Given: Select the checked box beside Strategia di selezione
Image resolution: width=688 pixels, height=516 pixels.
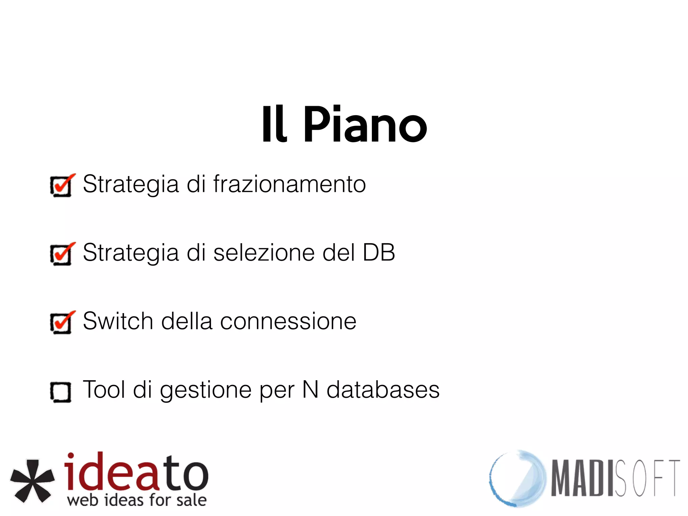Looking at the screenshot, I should tap(61, 254).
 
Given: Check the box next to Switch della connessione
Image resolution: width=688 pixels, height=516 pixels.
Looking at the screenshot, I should tap(61, 323).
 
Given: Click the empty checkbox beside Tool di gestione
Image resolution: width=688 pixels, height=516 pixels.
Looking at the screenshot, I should tap(61, 392).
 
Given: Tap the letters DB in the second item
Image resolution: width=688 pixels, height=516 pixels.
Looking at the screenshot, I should tap(379, 253).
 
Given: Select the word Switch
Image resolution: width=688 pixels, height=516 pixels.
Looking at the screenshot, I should tap(118, 321).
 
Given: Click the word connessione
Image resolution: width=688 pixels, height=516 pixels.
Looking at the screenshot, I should tap(288, 321).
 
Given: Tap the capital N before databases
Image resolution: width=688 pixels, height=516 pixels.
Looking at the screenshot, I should tap(310, 390).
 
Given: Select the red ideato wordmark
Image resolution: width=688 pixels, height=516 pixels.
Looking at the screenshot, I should tap(136, 472).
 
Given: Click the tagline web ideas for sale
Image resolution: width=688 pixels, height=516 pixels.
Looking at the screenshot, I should tap(137, 500).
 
